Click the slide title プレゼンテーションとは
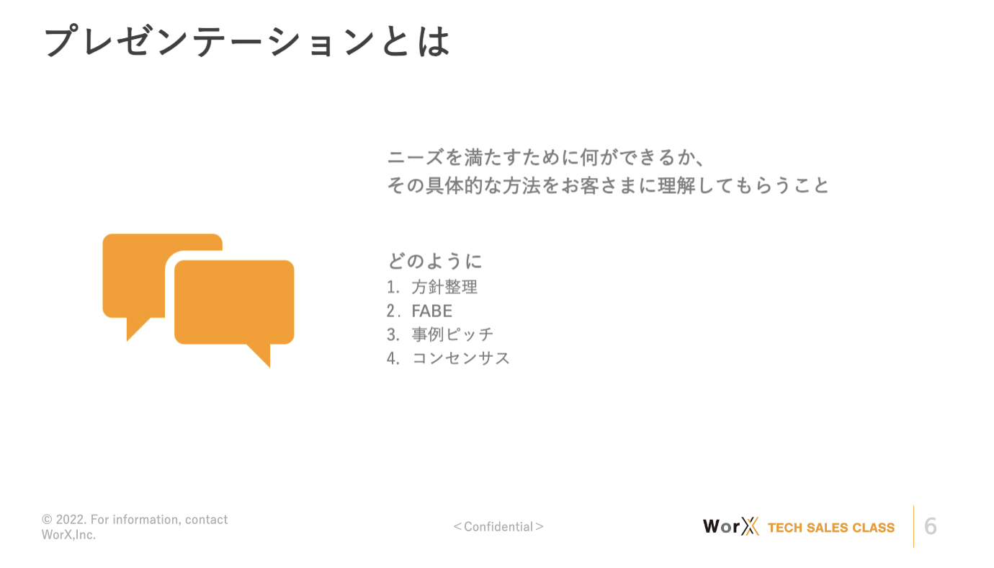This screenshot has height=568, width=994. point(247,41)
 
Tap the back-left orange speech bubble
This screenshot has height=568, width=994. point(133,275)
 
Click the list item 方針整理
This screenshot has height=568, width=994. point(444,287)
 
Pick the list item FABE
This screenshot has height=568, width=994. point(431,311)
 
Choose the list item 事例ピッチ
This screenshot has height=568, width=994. point(452,334)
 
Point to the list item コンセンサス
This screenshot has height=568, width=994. point(460,358)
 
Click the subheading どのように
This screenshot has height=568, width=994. point(435,261)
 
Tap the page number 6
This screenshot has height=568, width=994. point(931,526)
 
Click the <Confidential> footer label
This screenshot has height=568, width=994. point(498,527)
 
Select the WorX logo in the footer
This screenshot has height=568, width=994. point(731,526)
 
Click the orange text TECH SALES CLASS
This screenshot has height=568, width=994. point(831,528)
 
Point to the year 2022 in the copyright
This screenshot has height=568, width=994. point(71,520)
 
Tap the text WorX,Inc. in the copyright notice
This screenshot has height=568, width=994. point(68,535)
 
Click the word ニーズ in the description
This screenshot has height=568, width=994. point(416,158)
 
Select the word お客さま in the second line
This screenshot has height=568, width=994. point(599,185)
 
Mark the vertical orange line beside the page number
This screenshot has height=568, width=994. point(913,526)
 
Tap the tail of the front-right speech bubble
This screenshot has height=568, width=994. point(261,354)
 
